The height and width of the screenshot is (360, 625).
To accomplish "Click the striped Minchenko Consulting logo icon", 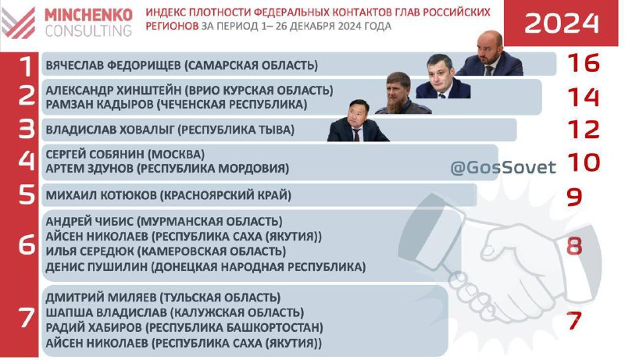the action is pyautogui.click(x=18, y=23).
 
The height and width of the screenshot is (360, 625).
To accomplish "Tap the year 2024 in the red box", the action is pyautogui.click(x=562, y=23).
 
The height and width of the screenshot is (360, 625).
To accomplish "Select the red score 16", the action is pyautogui.click(x=583, y=62).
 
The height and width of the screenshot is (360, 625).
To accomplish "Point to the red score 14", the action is pyautogui.click(x=583, y=97).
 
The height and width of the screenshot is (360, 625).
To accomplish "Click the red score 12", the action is pyautogui.click(x=583, y=130).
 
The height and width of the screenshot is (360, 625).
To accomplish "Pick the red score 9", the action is pyautogui.click(x=574, y=197).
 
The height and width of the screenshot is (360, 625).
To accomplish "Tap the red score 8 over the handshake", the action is pyautogui.click(x=574, y=246).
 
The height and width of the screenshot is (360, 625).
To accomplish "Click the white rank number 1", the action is pyautogui.click(x=27, y=66).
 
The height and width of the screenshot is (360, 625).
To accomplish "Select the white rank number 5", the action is pyautogui.click(x=27, y=194).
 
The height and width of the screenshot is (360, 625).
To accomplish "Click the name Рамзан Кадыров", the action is pyautogui.click(x=100, y=105).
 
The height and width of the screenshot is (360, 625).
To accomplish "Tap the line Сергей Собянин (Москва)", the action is pyautogui.click(x=125, y=154).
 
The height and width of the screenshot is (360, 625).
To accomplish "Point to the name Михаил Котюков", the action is pyautogui.click(x=102, y=195).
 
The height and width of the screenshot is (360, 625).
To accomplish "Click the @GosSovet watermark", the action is pyautogui.click(x=503, y=167).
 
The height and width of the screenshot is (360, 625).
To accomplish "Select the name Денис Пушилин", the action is pyautogui.click(x=97, y=266).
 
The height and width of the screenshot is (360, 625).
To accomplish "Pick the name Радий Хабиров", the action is pyautogui.click(x=94, y=327).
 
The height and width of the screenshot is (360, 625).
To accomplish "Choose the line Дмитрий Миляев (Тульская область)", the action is pyautogui.click(x=163, y=297).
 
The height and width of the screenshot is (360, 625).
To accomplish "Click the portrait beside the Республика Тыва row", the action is pyautogui.click(x=358, y=121).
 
